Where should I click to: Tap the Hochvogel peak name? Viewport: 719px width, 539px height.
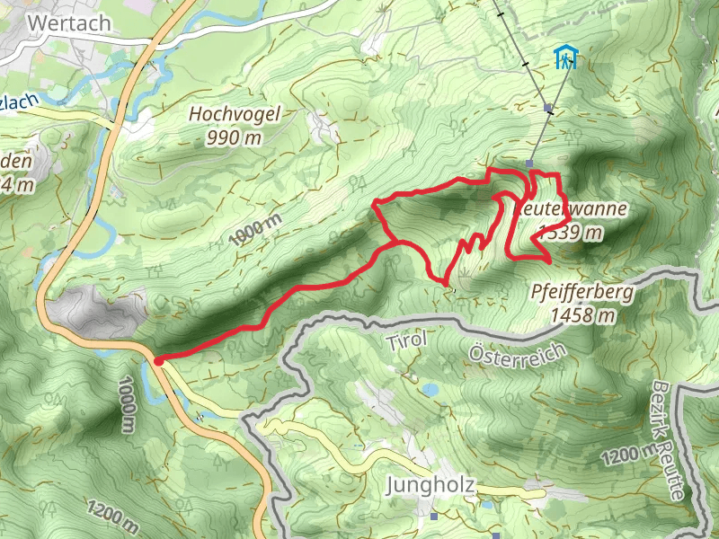point(235,114)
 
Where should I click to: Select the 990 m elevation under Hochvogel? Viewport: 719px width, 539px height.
point(235,137)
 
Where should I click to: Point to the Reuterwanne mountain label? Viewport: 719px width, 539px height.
point(573,209)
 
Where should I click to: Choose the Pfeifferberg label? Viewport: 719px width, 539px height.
point(582,292)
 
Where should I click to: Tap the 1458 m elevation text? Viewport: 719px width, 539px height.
point(583,314)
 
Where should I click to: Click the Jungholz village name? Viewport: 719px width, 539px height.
point(430,486)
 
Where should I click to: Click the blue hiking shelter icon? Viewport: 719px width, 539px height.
point(565,58)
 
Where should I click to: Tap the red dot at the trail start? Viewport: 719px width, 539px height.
point(158,361)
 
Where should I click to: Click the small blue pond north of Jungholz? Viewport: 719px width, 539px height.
point(431,390)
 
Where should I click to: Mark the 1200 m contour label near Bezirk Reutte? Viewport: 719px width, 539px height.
point(621,457)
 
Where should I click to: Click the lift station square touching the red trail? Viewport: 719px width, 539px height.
point(530,163)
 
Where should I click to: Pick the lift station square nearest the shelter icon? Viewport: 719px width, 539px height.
point(548,108)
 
